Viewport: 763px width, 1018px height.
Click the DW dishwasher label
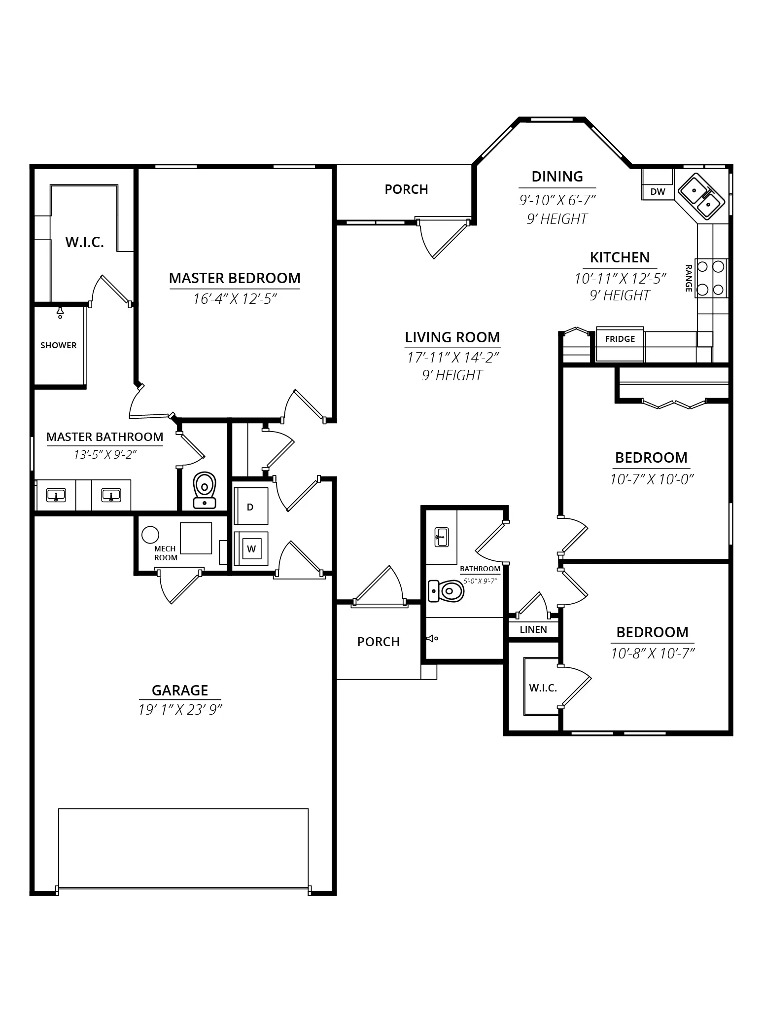click(x=658, y=192)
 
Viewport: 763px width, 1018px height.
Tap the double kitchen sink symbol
click(x=701, y=195)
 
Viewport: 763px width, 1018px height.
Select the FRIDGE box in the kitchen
click(x=620, y=344)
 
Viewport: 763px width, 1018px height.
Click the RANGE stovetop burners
click(x=711, y=278)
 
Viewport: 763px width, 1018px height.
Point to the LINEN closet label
click(x=533, y=629)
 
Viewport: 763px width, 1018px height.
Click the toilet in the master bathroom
click(x=204, y=490)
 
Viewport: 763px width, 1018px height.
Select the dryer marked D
click(x=251, y=507)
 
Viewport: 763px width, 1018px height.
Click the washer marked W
click(x=251, y=548)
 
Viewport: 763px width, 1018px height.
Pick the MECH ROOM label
click(x=166, y=553)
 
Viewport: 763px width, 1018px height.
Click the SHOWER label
click(x=59, y=345)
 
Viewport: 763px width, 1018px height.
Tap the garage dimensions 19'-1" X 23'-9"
click(x=180, y=710)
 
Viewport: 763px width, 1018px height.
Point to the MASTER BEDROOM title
click(x=235, y=278)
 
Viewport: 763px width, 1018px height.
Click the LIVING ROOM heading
click(x=452, y=337)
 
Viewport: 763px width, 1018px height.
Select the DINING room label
click(x=557, y=177)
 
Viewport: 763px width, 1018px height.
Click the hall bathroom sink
click(x=441, y=537)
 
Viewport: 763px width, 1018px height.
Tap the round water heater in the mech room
click(x=150, y=535)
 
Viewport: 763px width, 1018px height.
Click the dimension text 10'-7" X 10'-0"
click(x=652, y=479)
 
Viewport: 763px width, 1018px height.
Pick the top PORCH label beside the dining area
click(x=406, y=189)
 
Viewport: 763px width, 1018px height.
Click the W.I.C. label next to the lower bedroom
click(x=543, y=688)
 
